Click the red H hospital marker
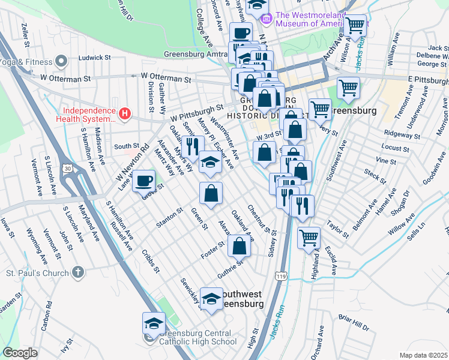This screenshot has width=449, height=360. (124, 112)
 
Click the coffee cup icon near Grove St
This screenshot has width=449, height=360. (143, 181)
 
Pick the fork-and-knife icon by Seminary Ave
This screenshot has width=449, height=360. (193, 146)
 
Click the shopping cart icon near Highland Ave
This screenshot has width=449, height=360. (309, 237)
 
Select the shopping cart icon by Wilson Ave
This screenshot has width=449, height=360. (355, 25)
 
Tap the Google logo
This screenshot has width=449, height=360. (20, 353)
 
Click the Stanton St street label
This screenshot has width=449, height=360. (170, 215)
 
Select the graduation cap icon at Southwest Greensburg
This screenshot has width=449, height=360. (211, 298)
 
